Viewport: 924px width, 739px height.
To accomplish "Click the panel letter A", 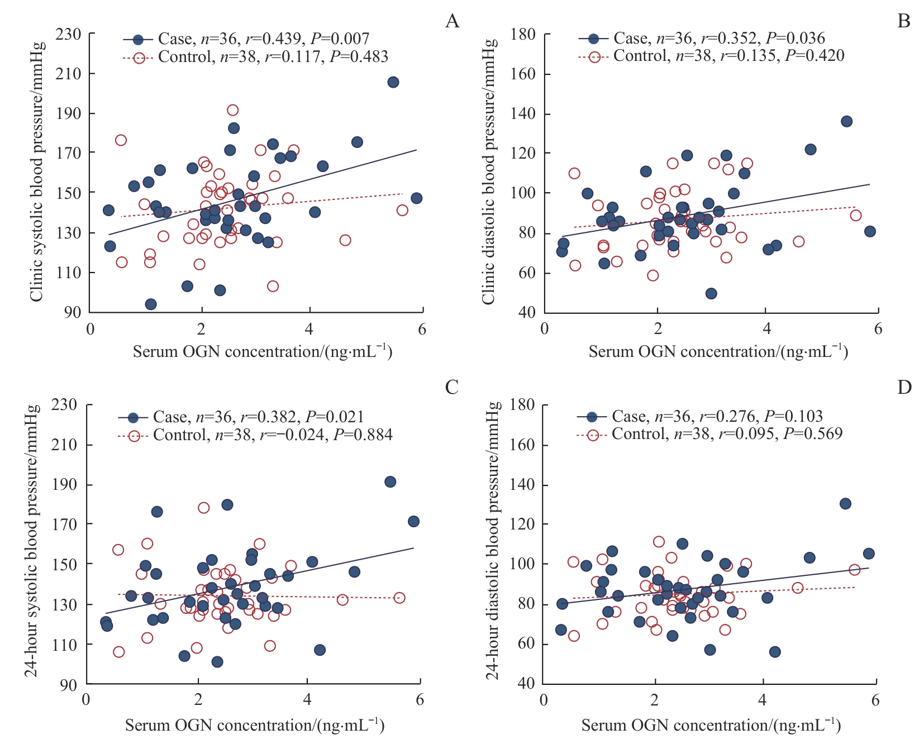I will tap(452, 21).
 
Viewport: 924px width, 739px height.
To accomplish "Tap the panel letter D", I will tap(904, 387).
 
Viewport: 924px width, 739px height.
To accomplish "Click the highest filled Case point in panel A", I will tap(393, 82).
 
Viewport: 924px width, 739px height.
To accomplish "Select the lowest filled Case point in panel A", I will tap(150, 304).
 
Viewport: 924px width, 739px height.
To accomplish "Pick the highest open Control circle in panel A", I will tap(232, 110).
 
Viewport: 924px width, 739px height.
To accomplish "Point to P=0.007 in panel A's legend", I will tap(340, 39).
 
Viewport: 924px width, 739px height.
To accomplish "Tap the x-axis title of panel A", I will tap(263, 352).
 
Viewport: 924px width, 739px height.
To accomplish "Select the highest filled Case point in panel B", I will tap(846, 121).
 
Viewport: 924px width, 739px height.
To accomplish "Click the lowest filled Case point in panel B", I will tap(711, 294).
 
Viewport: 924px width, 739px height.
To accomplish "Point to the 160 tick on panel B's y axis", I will tap(523, 74).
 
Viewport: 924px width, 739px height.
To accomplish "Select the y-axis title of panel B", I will tap(489, 172).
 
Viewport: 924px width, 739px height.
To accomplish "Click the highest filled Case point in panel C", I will tap(390, 481).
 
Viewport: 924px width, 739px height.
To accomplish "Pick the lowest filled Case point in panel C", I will tap(217, 662).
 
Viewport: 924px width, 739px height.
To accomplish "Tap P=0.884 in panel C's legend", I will tap(363, 435).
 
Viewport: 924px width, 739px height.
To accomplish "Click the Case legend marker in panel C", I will tap(134, 417).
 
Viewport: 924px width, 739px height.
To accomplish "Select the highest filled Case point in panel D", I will tap(845, 504).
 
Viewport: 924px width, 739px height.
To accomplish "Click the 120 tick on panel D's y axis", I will tap(523, 525).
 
